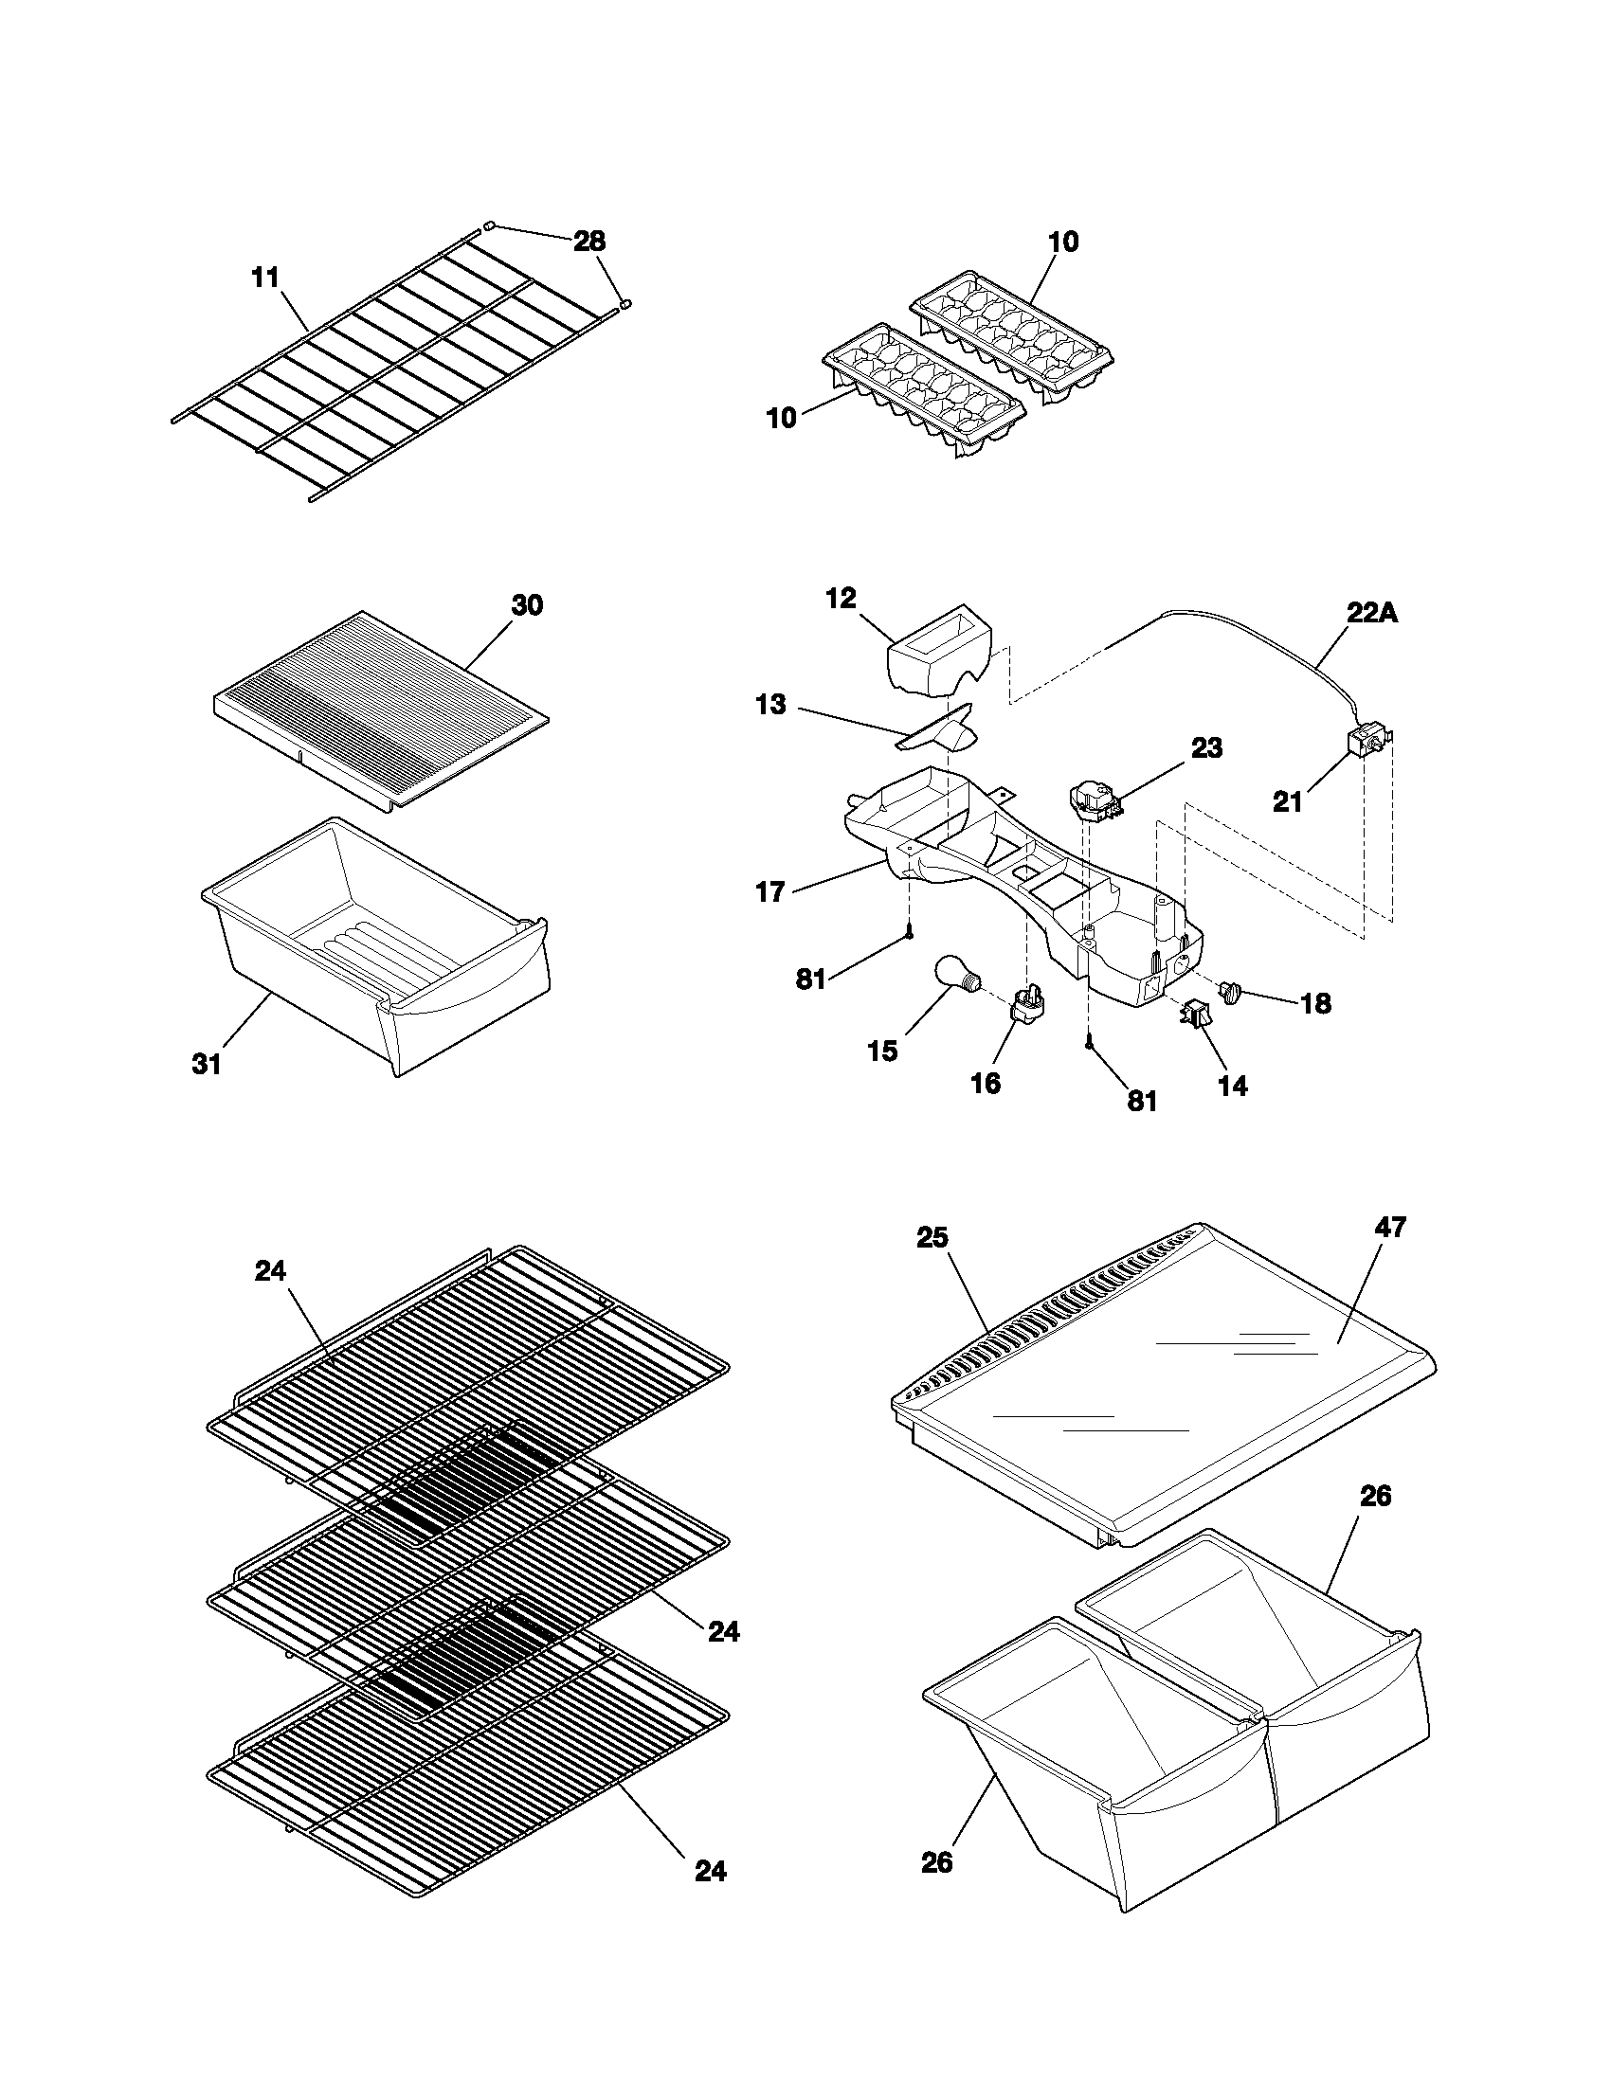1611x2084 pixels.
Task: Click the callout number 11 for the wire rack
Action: [x=264, y=278]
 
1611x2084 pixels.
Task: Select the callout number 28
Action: [x=588, y=242]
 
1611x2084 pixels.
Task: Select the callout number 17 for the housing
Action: [x=769, y=892]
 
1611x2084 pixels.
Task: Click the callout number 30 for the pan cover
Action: [x=527, y=605]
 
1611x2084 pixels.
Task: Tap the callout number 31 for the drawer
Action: [x=207, y=1064]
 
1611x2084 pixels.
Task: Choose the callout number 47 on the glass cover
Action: [x=1390, y=1226]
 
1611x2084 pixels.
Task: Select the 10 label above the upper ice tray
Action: [x=1062, y=243]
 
